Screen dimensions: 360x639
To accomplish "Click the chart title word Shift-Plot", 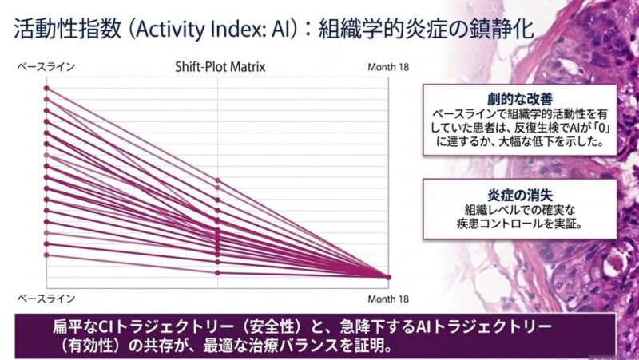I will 200,67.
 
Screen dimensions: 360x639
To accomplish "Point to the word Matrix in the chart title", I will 247,67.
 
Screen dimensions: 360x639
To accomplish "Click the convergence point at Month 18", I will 388,277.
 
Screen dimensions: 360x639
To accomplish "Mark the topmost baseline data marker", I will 47,88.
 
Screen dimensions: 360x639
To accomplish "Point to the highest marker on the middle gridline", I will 218,180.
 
